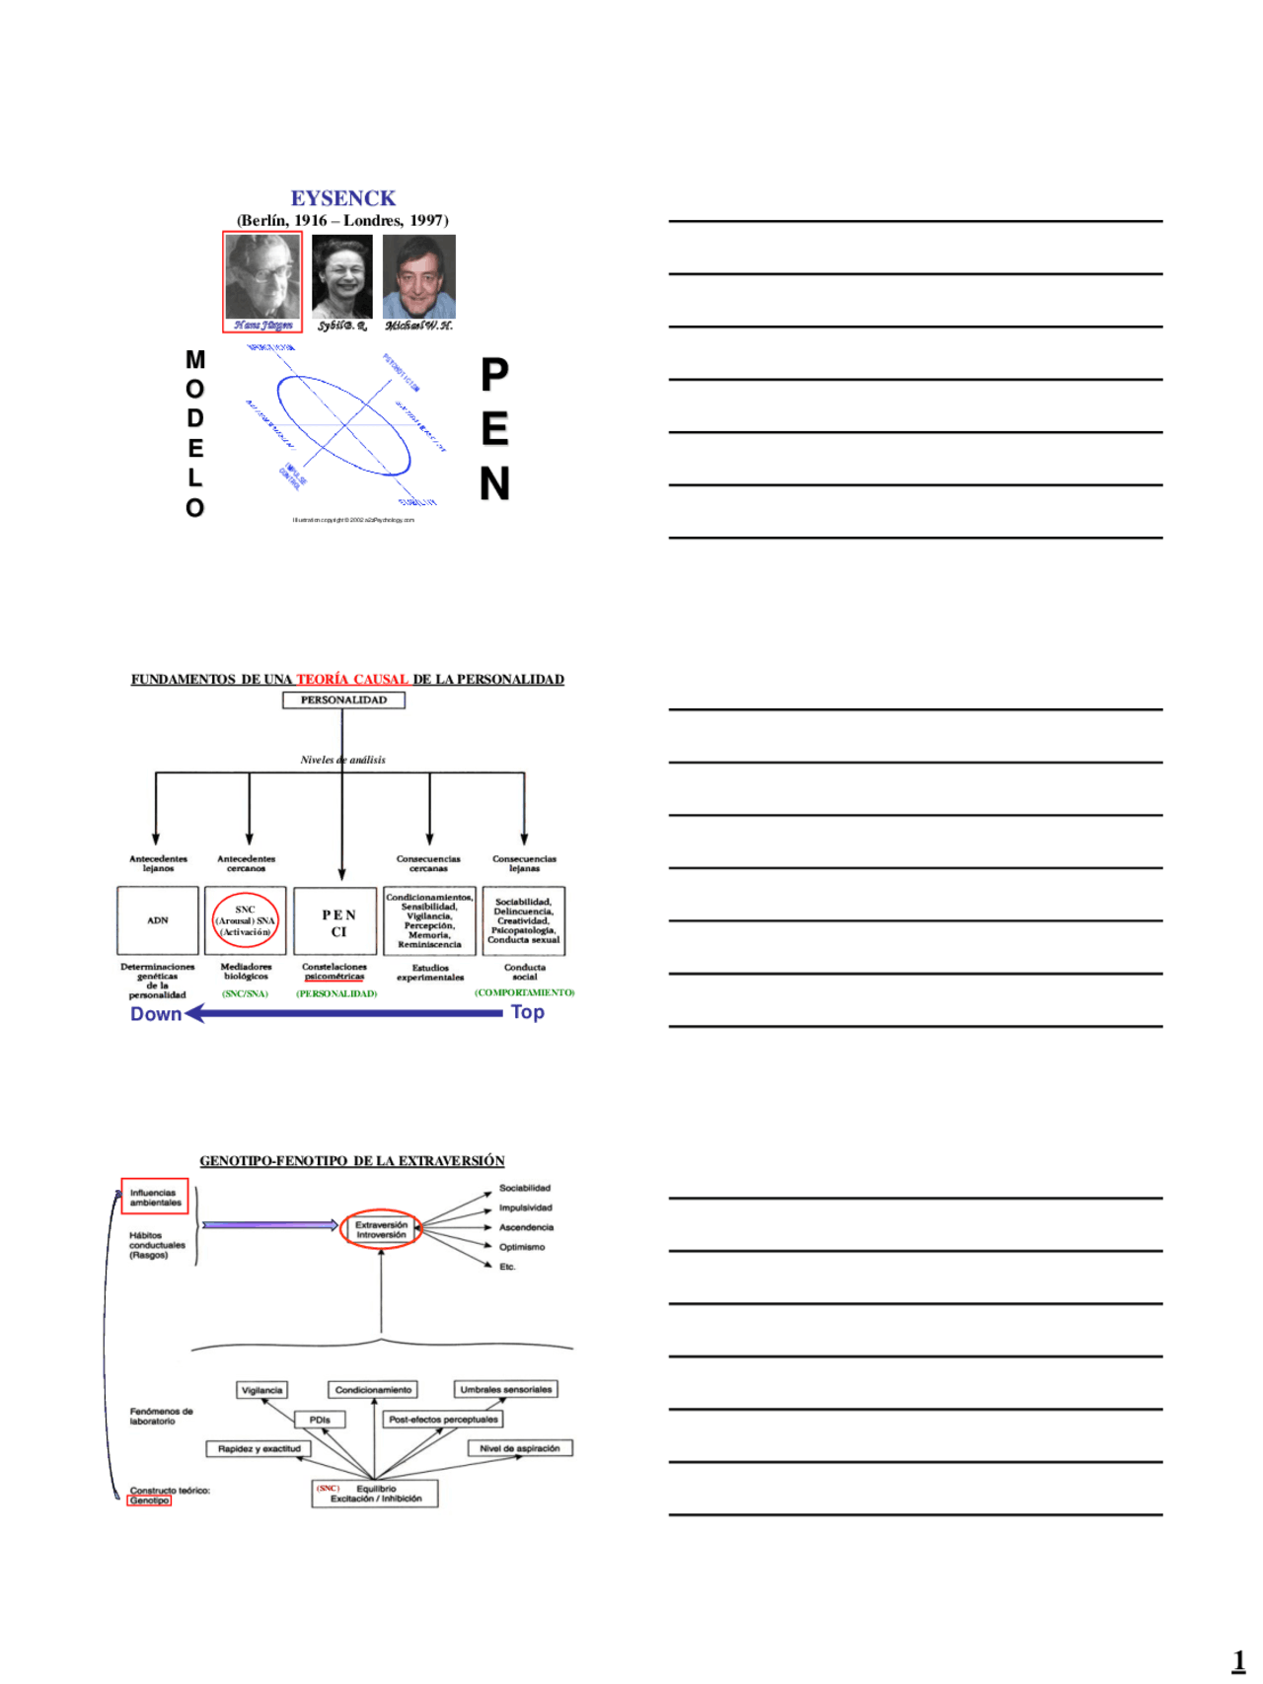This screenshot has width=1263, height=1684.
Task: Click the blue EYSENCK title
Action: [x=342, y=198]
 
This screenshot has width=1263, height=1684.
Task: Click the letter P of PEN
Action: [x=494, y=375]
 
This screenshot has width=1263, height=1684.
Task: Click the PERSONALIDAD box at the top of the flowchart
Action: [x=343, y=700]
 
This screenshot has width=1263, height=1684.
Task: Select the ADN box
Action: [x=158, y=920]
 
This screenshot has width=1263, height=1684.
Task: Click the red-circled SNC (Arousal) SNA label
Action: [x=246, y=920]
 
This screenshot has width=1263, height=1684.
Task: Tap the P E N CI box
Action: [x=338, y=922]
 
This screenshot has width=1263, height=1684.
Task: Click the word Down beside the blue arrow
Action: [x=156, y=1014]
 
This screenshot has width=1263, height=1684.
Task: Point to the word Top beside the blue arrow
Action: [x=528, y=1012]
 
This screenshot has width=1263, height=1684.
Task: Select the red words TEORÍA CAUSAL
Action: [x=352, y=680]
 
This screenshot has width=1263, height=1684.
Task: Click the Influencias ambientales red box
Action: [x=155, y=1198]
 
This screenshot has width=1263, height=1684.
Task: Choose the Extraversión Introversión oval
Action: [x=381, y=1229]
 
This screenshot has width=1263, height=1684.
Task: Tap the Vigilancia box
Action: [x=262, y=1390]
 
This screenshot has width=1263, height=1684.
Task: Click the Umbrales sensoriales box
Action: [x=506, y=1389]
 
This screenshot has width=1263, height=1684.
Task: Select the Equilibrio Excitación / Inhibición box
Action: [x=375, y=1494]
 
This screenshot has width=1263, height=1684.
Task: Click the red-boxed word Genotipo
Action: [x=149, y=1501]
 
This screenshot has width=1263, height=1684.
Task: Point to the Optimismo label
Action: [x=521, y=1247]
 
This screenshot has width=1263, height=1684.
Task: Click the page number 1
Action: [x=1238, y=1660]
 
